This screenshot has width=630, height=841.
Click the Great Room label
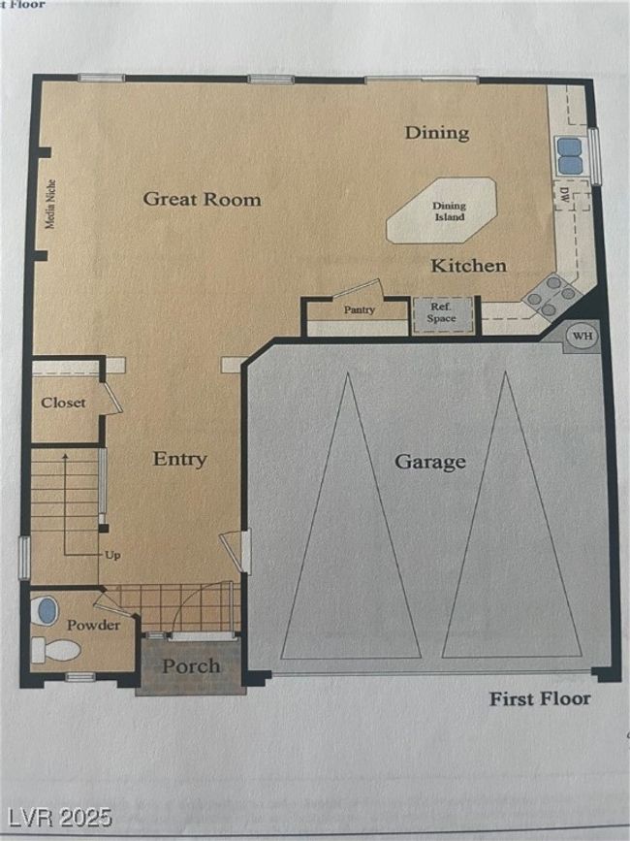pyautogui.click(x=202, y=200)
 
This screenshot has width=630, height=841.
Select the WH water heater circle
pyautogui.click(x=583, y=337)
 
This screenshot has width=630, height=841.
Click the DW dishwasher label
pyautogui.click(x=563, y=194)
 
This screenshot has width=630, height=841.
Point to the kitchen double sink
pyautogui.click(x=570, y=155)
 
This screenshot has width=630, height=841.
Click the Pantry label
pyautogui.click(x=359, y=309)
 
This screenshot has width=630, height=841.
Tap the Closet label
pyautogui.click(x=63, y=403)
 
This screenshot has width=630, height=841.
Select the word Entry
pyautogui.click(x=180, y=459)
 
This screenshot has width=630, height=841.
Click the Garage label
pyautogui.click(x=430, y=462)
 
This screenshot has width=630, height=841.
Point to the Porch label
pyautogui.click(x=191, y=666)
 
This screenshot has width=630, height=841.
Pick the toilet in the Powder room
pyautogui.click(x=55, y=650)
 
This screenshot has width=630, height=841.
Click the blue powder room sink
pyautogui.click(x=47, y=611)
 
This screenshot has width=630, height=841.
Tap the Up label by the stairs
pyautogui.click(x=112, y=555)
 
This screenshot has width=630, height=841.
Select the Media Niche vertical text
pyautogui.click(x=50, y=205)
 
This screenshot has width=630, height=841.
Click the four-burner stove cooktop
pyautogui.click(x=551, y=295)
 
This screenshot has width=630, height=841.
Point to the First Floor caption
pyautogui.click(x=540, y=698)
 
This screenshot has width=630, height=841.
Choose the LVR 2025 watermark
pyautogui.click(x=56, y=818)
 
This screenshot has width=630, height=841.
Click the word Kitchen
pyautogui.click(x=469, y=266)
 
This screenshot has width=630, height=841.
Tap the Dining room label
pyautogui.click(x=437, y=133)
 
